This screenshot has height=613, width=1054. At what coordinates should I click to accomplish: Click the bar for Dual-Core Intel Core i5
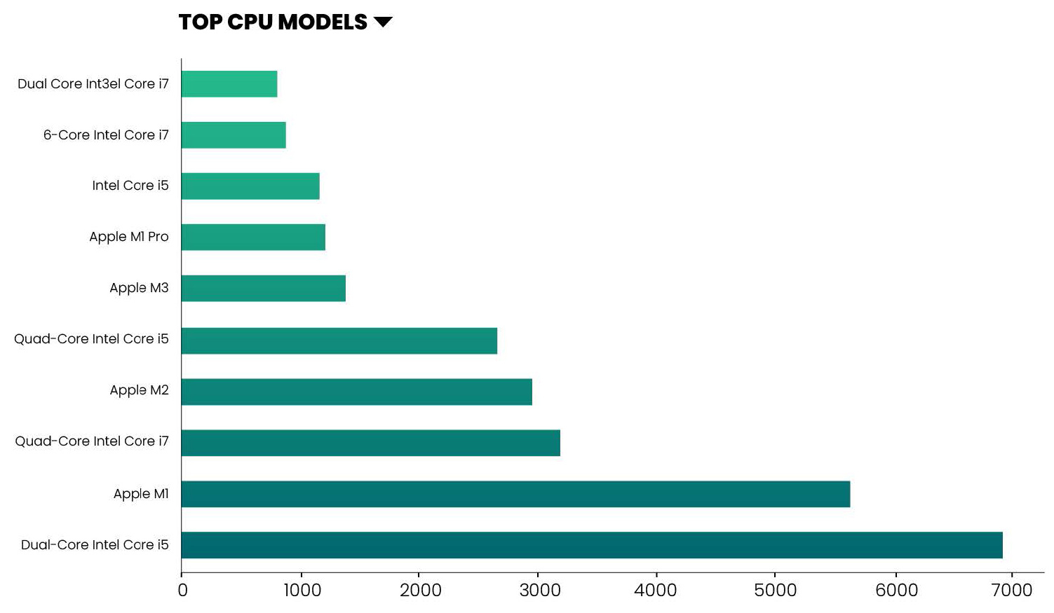[591, 545]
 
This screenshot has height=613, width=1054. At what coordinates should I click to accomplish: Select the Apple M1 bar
[515, 494]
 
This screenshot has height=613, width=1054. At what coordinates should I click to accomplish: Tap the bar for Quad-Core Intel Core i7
[370, 443]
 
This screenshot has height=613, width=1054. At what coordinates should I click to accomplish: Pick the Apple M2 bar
[356, 392]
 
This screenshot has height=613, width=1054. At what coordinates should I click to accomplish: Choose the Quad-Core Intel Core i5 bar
[339, 340]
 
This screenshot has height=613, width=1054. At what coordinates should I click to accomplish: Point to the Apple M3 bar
[263, 288]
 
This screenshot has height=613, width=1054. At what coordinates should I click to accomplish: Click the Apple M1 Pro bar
[253, 237]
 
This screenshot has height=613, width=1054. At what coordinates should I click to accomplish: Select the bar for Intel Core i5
[250, 186]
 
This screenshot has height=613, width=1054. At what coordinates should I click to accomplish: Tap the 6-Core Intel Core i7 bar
[234, 135]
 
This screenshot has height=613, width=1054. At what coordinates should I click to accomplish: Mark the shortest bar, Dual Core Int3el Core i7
[229, 84]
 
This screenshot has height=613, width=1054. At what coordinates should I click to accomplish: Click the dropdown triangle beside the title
[383, 22]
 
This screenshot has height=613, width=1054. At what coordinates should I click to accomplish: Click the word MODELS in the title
[322, 22]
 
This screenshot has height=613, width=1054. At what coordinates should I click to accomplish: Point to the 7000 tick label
[1011, 591]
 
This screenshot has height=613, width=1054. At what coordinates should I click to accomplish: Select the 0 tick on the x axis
[182, 591]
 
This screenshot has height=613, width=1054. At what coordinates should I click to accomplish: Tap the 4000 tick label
[655, 591]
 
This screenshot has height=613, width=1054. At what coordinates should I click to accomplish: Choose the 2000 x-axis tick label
[420, 591]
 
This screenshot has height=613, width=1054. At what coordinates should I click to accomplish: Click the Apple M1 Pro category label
[129, 237]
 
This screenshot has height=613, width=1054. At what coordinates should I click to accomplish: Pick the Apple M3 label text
[139, 288]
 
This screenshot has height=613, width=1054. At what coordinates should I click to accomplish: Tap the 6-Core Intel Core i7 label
[106, 135]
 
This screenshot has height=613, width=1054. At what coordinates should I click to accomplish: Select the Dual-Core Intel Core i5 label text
[95, 545]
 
